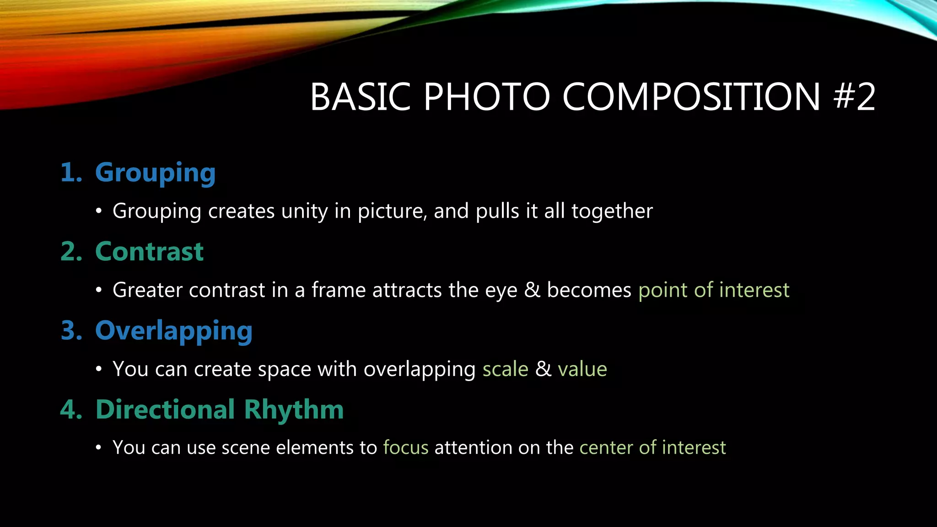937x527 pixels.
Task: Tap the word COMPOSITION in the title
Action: click(x=691, y=97)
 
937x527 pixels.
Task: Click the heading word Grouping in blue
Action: click(x=155, y=173)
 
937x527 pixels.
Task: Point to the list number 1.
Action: click(x=70, y=173)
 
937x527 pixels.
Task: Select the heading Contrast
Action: click(x=149, y=252)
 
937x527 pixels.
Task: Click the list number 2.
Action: click(x=71, y=252)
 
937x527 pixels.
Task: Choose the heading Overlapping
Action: click(x=173, y=331)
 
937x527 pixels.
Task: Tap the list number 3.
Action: click(x=71, y=331)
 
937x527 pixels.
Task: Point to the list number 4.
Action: click(x=71, y=409)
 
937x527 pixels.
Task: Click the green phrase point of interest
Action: click(x=714, y=290)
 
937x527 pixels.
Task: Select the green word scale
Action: click(x=505, y=369)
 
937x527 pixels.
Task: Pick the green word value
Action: click(x=582, y=369)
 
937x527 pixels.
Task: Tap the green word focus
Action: click(x=406, y=448)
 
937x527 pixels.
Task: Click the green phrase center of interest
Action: click(x=652, y=448)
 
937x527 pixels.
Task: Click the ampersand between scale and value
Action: click(x=543, y=369)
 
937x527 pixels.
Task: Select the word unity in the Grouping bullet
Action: click(x=304, y=211)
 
